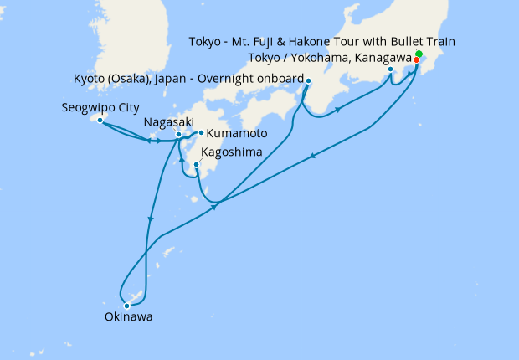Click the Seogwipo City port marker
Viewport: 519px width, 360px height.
tap(100, 121)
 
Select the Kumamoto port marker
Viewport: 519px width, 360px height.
tap(201, 132)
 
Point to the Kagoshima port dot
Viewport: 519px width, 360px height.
tap(196, 165)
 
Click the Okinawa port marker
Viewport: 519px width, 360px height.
tap(127, 306)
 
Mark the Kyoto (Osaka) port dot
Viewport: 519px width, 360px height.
tap(308, 81)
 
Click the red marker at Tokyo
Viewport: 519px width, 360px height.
tap(416, 59)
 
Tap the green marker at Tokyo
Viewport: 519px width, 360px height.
tap(419, 54)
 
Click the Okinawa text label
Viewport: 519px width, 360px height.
tap(129, 318)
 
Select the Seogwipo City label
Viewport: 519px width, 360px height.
tap(100, 108)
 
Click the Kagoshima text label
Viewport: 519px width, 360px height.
tap(231, 152)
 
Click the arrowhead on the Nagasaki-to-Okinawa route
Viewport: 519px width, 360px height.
tap(151, 219)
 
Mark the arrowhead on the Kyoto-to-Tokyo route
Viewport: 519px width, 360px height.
tap(337, 109)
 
